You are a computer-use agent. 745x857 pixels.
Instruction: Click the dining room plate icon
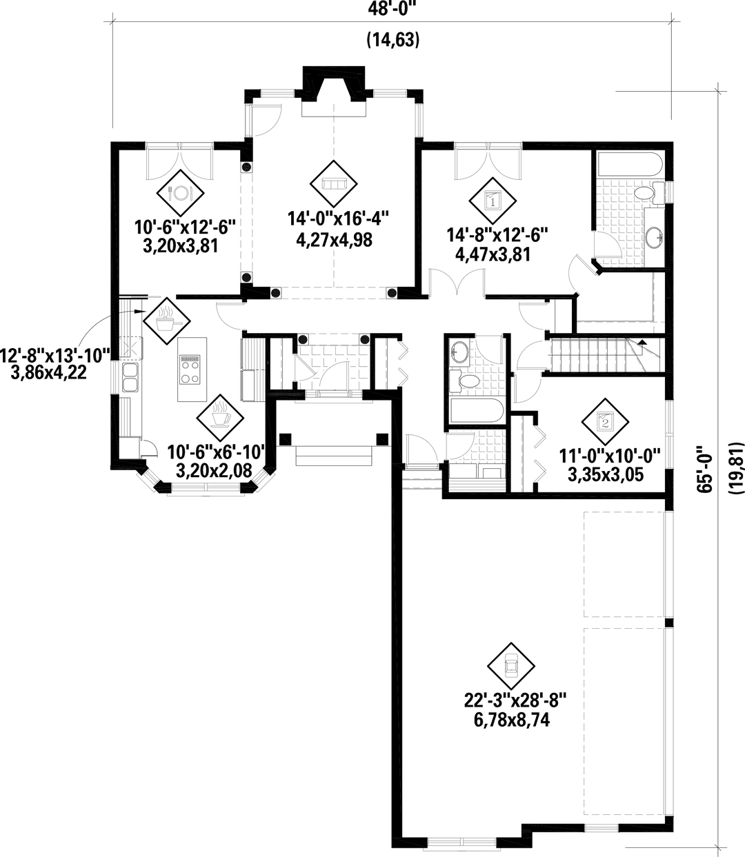pyautogui.click(x=180, y=193)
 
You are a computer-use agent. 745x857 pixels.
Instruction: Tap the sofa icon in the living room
pyautogui.click(x=334, y=183)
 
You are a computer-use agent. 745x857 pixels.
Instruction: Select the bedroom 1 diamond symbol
pyautogui.click(x=493, y=201)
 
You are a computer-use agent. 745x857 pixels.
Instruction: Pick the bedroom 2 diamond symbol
pyautogui.click(x=605, y=421)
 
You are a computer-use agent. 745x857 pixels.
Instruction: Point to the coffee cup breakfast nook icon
pyautogui.click(x=220, y=418)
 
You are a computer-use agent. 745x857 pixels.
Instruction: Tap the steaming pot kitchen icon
pyautogui.click(x=167, y=321)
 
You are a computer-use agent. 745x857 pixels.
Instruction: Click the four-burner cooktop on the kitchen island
pyautogui.click(x=190, y=370)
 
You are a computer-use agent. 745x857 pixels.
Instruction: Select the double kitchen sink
pyautogui.click(x=130, y=377)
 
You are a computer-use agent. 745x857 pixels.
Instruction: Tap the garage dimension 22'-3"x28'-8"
pyautogui.click(x=515, y=700)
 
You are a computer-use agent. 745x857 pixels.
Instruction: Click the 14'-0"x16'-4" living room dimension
pyautogui.click(x=338, y=219)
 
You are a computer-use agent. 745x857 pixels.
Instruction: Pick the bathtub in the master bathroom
pyautogui.click(x=630, y=165)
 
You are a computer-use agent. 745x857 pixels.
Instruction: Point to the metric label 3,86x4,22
pyautogui.click(x=48, y=372)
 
